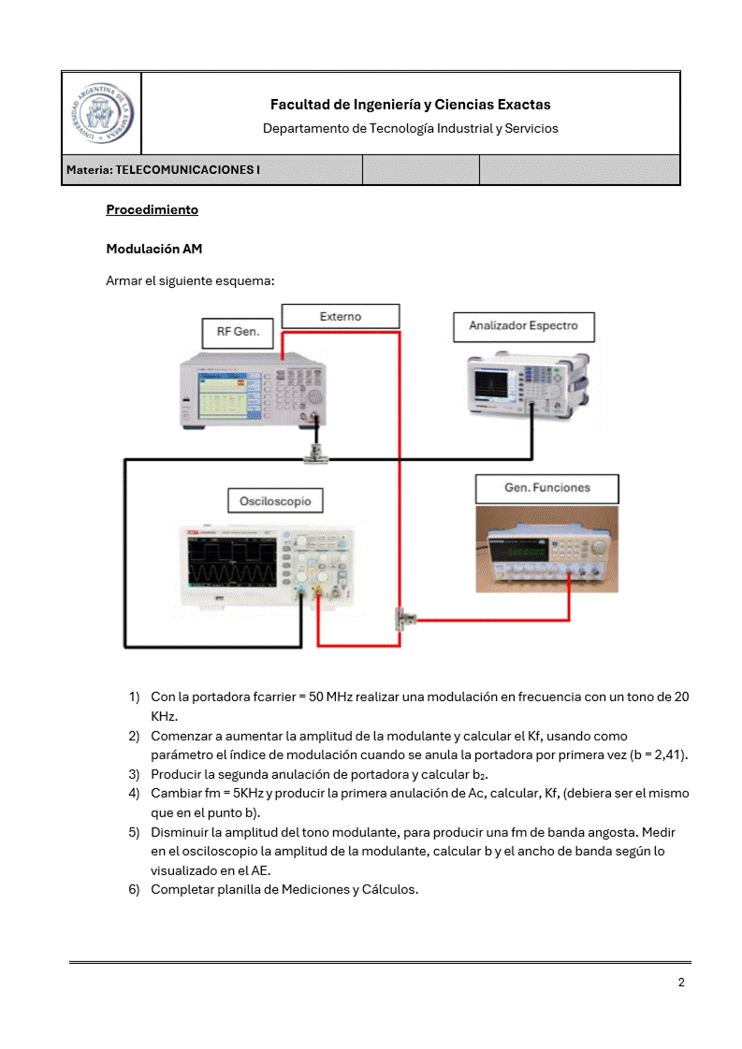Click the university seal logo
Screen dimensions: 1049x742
pyautogui.click(x=101, y=113)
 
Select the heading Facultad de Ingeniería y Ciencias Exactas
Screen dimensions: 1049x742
pyautogui.click(x=410, y=105)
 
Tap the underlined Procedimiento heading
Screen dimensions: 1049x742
pyautogui.click(x=152, y=209)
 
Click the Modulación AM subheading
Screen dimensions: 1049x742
pyautogui.click(x=153, y=249)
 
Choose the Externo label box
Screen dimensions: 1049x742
pyautogui.click(x=340, y=316)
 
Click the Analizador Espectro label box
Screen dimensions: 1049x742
pyautogui.click(x=523, y=326)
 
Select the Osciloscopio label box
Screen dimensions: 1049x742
pyautogui.click(x=275, y=501)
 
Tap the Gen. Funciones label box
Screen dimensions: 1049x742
pyautogui.click(x=546, y=488)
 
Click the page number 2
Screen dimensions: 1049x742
pyautogui.click(x=681, y=982)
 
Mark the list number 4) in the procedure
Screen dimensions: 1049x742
pyautogui.click(x=134, y=793)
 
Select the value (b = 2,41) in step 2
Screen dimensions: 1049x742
pyautogui.click(x=647, y=754)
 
